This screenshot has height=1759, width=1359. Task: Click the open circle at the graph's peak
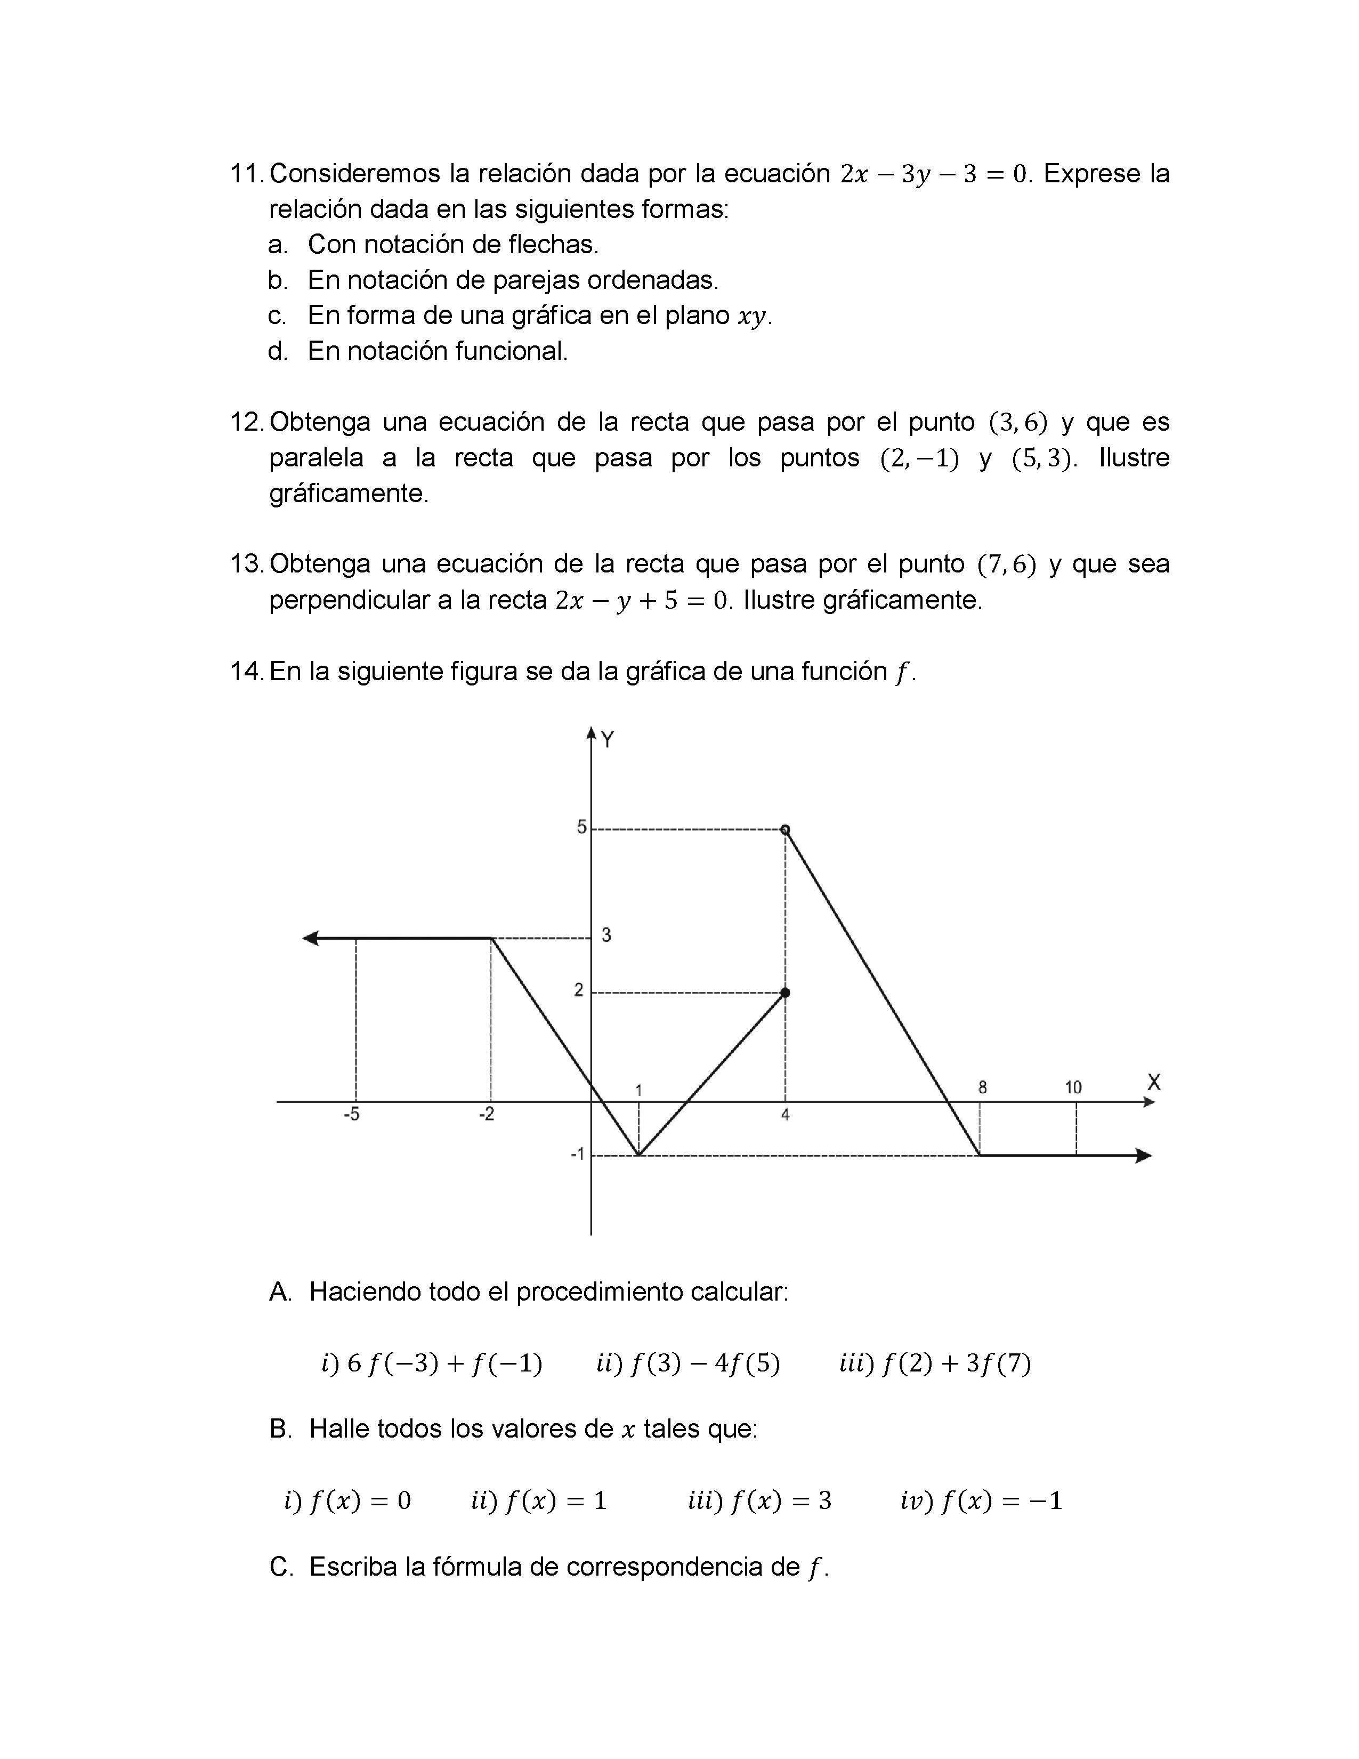pyautogui.click(x=786, y=829)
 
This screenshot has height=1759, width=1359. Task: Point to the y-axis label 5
pyautogui.click(x=580, y=827)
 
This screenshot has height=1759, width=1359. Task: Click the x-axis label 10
pyautogui.click(x=1073, y=1087)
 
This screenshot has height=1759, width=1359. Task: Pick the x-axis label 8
pyautogui.click(x=982, y=1087)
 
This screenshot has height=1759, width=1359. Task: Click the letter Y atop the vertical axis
pyautogui.click(x=608, y=739)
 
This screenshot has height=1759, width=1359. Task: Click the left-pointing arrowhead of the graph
pyautogui.click(x=311, y=938)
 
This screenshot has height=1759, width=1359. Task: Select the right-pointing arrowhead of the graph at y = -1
pyautogui.click(x=1143, y=1156)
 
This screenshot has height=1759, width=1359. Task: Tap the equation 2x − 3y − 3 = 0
pyautogui.click(x=934, y=174)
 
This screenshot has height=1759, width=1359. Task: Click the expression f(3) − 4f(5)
pyautogui.click(x=705, y=1363)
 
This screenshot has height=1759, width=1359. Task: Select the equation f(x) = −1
pyautogui.click(x=1001, y=1500)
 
